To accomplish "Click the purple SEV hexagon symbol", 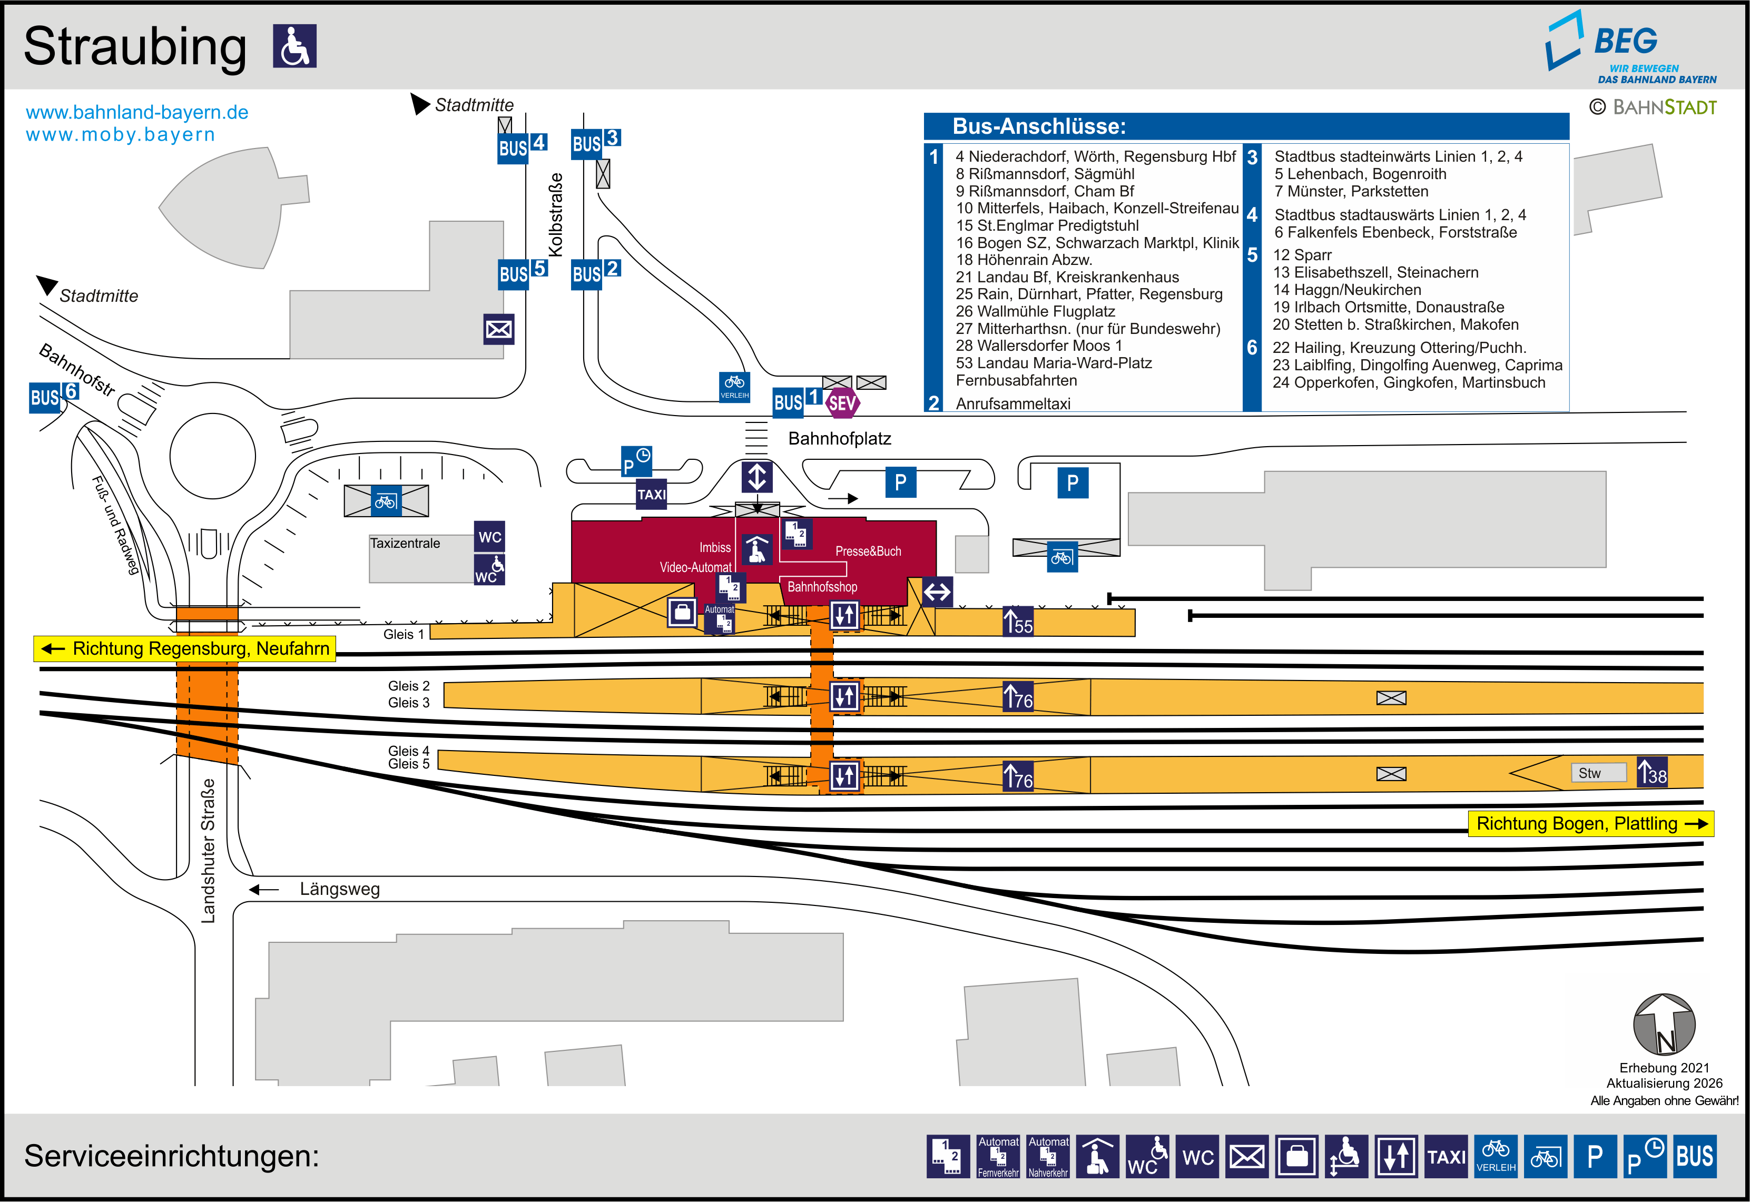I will click(x=842, y=403).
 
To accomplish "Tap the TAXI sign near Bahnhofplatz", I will click(x=651, y=495).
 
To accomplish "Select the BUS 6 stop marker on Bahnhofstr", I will click(x=53, y=396).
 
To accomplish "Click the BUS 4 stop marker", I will click(x=521, y=146).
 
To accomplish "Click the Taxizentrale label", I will click(x=405, y=543).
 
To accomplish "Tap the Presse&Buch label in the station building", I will click(x=868, y=551).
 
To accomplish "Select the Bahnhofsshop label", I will click(x=822, y=587).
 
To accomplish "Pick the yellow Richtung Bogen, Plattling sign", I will click(x=1590, y=823).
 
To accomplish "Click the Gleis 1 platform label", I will click(x=404, y=634).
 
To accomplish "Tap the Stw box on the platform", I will click(x=1590, y=773).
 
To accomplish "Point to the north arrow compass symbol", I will click(x=1664, y=1024).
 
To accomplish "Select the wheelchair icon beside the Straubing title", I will click(x=294, y=46).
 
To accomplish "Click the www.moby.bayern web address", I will click(x=121, y=135).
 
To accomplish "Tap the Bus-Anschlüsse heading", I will click(x=1039, y=126).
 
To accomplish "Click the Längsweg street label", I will click(x=340, y=889).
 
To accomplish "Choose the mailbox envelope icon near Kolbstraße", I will click(x=498, y=329).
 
